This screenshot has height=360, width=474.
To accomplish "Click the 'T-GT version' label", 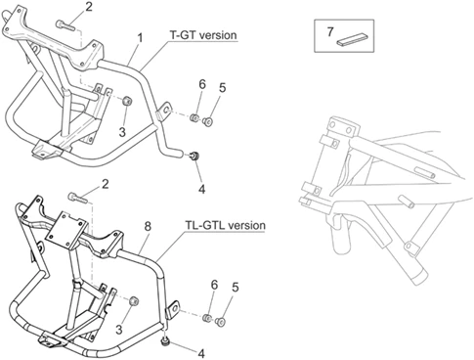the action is [203, 35].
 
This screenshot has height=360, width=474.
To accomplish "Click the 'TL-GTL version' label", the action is [226, 225].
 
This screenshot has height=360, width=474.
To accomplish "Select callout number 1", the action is [140, 38].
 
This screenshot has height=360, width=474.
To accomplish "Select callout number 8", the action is [148, 226].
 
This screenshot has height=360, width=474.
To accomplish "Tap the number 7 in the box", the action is [330, 32].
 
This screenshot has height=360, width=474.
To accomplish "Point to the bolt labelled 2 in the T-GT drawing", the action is [65, 24].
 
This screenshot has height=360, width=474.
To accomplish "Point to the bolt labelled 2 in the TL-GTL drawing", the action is [77, 198].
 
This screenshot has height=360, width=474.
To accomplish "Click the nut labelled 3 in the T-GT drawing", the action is [127, 101].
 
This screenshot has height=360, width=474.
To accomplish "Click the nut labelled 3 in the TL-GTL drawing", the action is [134, 301].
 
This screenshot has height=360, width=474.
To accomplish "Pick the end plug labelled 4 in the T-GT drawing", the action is [195, 156].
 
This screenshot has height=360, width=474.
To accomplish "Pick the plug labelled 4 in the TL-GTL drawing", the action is [166, 341].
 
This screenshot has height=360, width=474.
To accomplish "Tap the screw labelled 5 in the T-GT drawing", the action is [207, 121].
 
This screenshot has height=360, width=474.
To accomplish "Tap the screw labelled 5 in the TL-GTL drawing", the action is [220, 322].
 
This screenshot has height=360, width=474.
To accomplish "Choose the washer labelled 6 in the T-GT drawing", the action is [194, 117].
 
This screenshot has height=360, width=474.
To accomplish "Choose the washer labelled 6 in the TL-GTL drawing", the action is [207, 317].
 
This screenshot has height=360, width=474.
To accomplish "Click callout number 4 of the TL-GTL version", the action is [202, 353].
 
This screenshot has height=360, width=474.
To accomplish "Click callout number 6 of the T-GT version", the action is [202, 84].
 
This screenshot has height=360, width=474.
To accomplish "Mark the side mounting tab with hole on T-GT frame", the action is [163, 112].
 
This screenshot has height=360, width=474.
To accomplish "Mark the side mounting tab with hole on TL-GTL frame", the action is [173, 309].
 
